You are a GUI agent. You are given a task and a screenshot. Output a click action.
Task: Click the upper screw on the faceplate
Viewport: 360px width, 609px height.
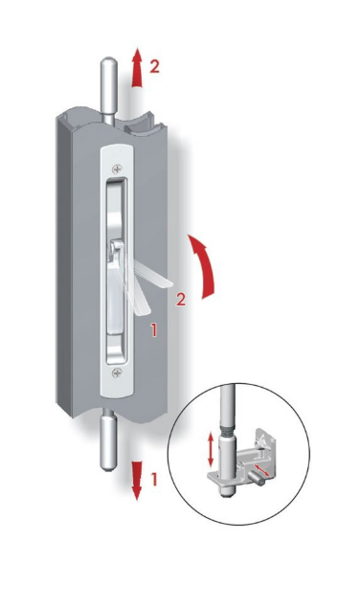117,169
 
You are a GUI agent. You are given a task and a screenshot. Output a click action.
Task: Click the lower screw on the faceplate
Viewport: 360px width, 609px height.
117,373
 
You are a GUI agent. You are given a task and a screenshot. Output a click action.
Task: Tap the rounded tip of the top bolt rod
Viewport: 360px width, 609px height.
109,63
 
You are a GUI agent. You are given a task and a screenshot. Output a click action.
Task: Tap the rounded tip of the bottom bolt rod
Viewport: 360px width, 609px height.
109,466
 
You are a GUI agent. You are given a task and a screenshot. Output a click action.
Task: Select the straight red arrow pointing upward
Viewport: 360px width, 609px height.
136,67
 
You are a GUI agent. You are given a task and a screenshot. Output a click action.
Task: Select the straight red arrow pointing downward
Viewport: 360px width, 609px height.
136,481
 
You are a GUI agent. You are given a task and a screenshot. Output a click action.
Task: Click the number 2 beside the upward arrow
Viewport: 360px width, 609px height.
154,67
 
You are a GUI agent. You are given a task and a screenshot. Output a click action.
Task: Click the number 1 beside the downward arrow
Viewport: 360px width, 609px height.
154,480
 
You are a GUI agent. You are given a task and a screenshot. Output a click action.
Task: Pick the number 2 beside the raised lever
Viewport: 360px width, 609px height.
181,300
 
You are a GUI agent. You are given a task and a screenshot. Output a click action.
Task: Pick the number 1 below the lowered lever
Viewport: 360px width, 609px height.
154,330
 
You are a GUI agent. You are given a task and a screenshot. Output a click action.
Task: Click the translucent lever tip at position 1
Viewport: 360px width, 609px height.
143,308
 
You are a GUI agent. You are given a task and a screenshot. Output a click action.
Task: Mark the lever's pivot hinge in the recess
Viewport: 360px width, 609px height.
117,248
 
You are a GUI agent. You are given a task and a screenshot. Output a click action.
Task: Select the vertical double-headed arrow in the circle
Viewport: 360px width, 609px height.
211,450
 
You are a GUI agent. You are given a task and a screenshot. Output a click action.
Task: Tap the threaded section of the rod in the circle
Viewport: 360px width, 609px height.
228,431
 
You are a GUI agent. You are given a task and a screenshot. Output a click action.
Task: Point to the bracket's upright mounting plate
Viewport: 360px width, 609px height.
265,447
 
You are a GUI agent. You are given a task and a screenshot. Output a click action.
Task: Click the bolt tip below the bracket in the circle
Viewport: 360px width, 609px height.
225,491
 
